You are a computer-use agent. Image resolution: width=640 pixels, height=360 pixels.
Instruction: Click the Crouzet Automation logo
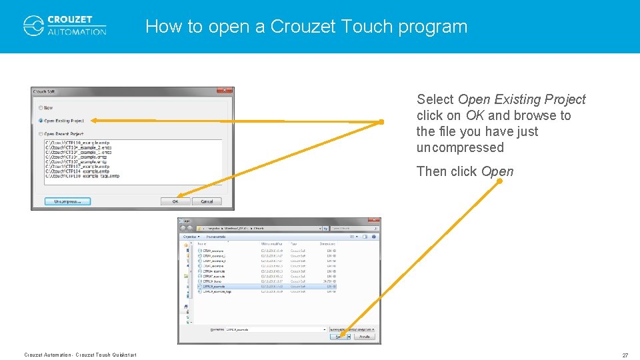65,25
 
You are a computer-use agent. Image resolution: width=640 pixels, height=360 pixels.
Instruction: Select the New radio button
41,107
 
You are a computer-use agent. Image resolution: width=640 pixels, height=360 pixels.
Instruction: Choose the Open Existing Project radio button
41,121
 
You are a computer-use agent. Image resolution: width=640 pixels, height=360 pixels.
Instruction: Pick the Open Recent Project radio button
41,134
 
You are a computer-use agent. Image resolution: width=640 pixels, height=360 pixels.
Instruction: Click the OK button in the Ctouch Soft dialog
175,201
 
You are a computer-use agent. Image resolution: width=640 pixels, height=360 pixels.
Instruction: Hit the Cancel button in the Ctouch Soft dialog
207,201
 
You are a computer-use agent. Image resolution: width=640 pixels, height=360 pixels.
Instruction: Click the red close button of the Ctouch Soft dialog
225,91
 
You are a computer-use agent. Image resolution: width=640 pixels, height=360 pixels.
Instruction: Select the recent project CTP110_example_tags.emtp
83,176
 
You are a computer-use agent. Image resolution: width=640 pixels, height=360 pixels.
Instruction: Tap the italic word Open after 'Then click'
497,172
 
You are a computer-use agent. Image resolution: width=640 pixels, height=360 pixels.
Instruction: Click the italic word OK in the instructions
475,116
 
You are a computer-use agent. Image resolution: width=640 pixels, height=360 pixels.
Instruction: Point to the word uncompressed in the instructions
460,148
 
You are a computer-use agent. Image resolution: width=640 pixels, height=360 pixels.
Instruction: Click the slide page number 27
625,355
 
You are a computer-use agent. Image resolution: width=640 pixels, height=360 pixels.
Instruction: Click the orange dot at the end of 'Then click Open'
499,181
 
